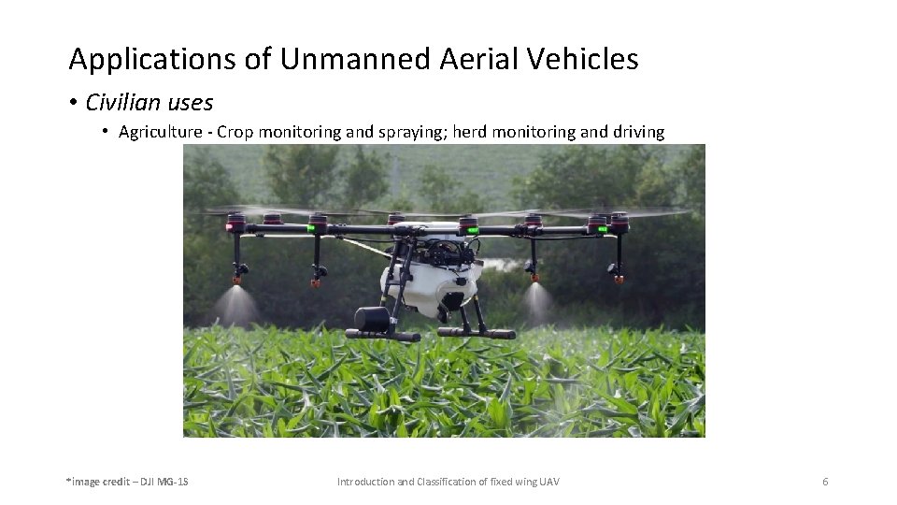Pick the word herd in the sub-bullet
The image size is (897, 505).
point(470,132)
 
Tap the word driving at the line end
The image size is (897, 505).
point(638,132)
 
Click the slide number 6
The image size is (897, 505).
point(825,482)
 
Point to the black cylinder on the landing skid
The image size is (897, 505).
point(372,319)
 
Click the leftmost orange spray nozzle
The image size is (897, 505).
point(236,278)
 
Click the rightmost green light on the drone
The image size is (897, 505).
point(604,226)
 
